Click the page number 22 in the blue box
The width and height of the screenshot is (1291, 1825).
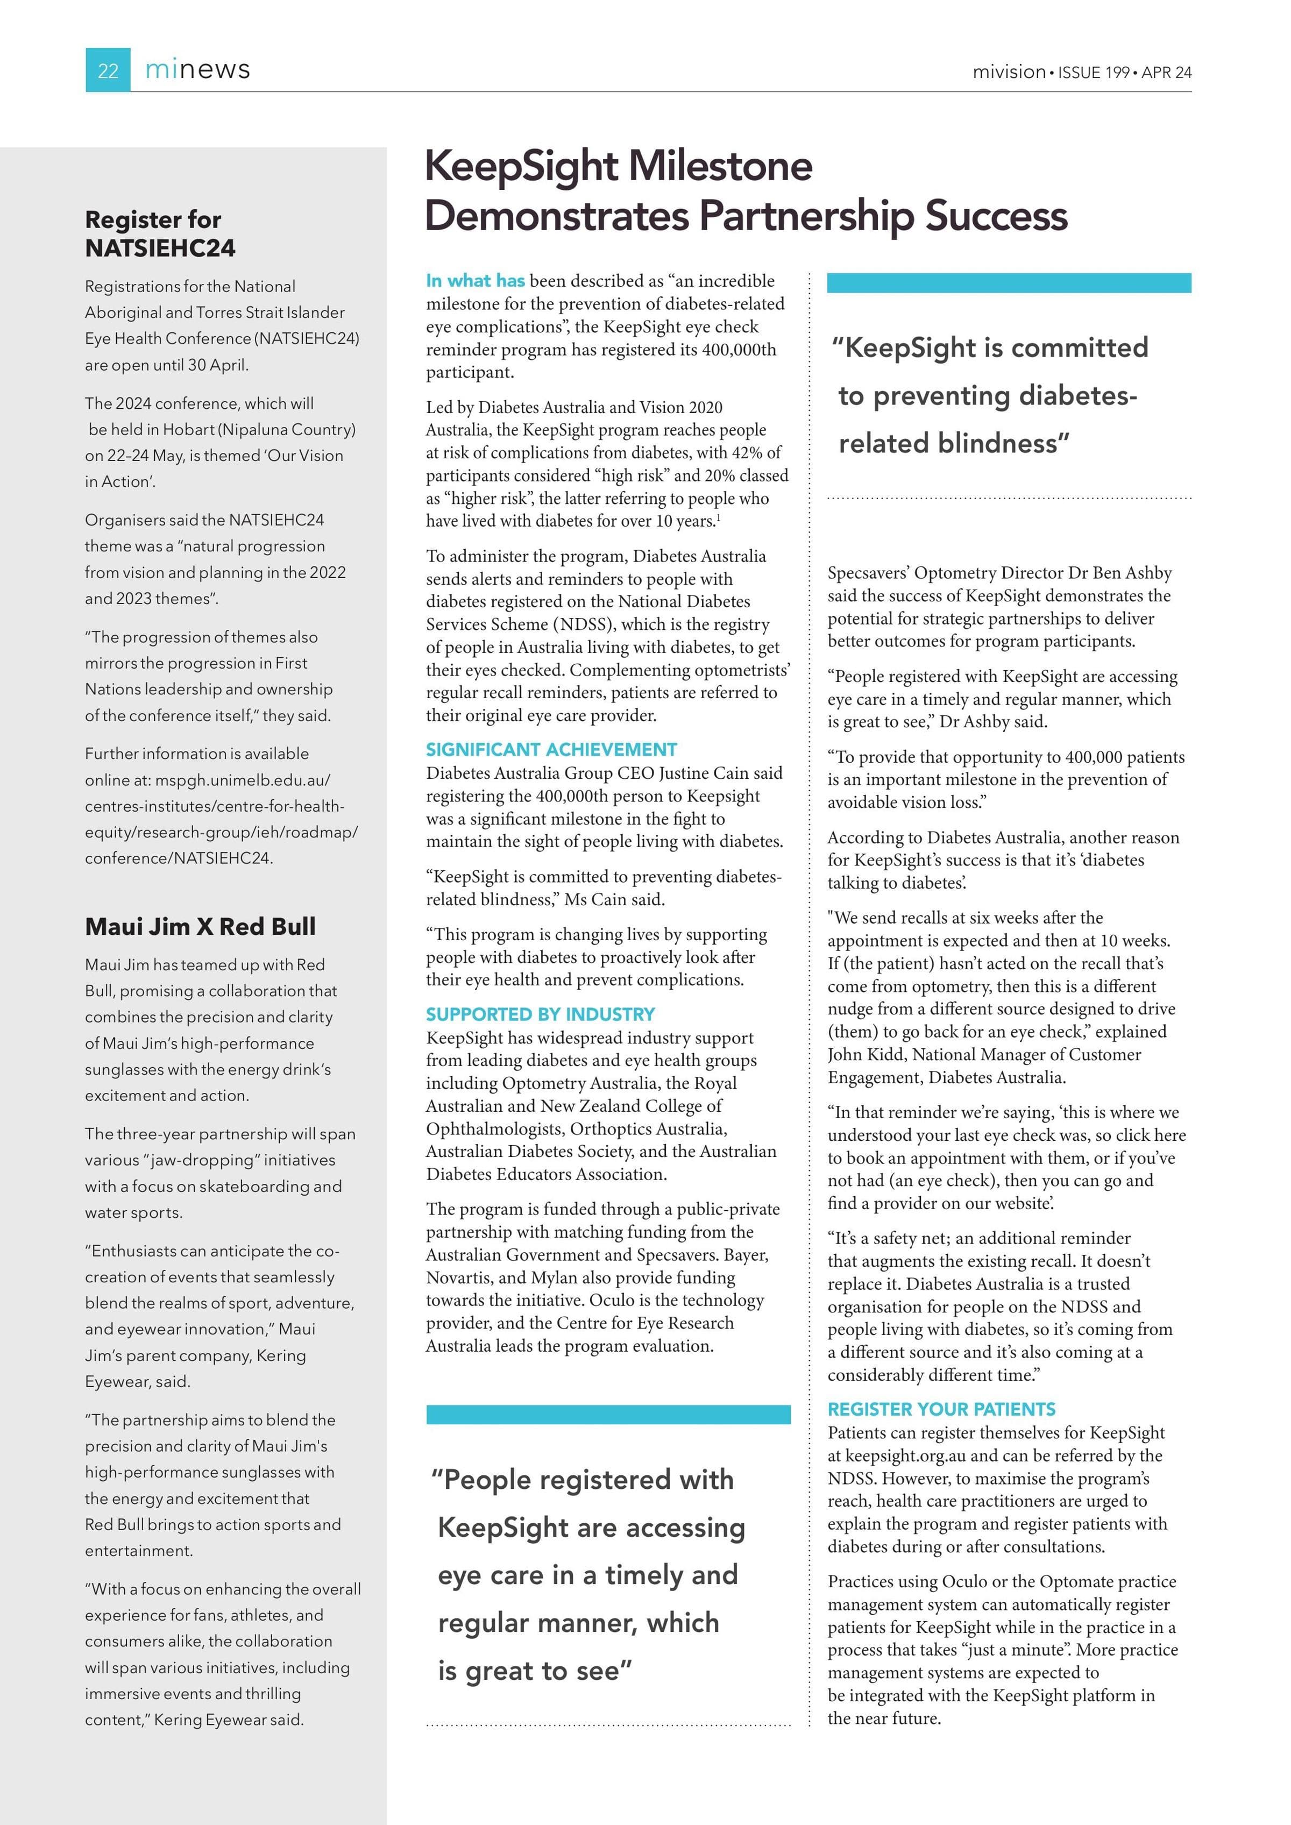pyautogui.click(x=108, y=71)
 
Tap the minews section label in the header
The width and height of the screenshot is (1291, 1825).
pyautogui.click(x=197, y=70)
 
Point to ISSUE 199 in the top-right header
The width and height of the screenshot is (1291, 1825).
pyautogui.click(x=1094, y=72)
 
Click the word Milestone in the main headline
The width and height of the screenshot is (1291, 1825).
pyautogui.click(x=720, y=166)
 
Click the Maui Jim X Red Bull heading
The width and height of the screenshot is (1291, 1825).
pyautogui.click(x=200, y=926)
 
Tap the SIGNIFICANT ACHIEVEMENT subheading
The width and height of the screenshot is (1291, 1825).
pyautogui.click(x=551, y=750)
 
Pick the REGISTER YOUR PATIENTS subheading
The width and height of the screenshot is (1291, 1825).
pyautogui.click(x=941, y=1409)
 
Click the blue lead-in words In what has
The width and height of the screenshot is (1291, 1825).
pyautogui.click(x=476, y=281)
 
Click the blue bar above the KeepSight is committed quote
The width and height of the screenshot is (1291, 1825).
pyautogui.click(x=1009, y=283)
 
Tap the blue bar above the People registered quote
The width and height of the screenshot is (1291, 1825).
pyautogui.click(x=608, y=1414)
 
